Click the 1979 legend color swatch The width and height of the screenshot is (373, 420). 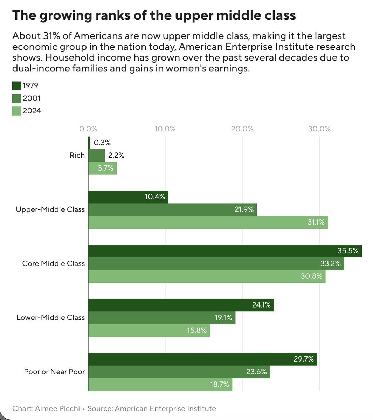click(16, 86)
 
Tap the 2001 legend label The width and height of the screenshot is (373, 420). click(32, 98)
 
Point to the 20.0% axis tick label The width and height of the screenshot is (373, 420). click(242, 129)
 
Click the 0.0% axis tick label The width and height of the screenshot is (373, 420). click(88, 129)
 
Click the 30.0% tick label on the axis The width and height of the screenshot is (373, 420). click(319, 129)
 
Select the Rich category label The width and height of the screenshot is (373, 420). click(77, 156)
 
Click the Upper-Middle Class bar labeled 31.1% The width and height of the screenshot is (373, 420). click(208, 222)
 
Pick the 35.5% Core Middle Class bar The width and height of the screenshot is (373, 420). click(225, 251)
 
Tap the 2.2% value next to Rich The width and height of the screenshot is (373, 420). click(116, 156)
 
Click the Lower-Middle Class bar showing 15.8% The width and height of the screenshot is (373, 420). click(149, 331)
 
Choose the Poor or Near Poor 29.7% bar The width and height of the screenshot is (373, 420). click(202, 359)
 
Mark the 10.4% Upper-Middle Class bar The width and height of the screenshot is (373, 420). click(128, 197)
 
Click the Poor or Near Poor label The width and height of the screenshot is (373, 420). click(54, 372)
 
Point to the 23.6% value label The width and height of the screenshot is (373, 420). click(256, 372)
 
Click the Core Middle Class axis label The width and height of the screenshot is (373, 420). click(53, 263)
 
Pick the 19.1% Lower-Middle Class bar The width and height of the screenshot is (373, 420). click(161, 318)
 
